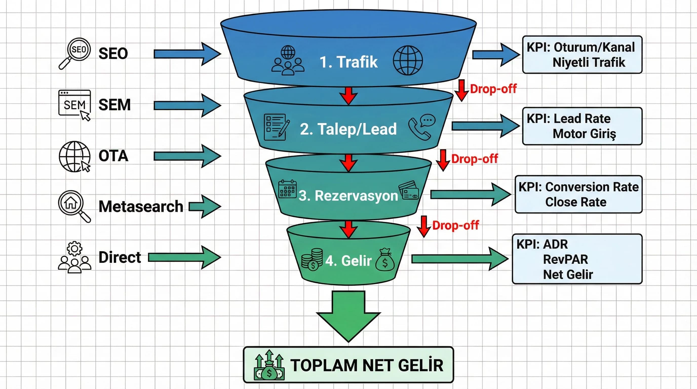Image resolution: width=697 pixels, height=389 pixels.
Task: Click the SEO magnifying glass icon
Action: point(75,53)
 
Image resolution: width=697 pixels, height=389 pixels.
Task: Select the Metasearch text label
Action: point(141,207)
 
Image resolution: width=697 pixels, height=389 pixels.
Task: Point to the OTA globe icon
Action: point(74,156)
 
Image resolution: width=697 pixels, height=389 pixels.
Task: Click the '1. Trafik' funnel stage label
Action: point(348,62)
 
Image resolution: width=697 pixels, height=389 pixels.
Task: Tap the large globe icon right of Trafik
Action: point(408,60)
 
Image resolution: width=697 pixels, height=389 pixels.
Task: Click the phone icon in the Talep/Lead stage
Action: point(421,127)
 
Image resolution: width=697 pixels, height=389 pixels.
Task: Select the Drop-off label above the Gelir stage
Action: point(455,225)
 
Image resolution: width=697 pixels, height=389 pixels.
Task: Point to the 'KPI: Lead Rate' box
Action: point(582,126)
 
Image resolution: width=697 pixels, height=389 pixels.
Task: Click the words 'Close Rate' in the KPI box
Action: point(575,202)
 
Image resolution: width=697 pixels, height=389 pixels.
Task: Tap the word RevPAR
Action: point(565,259)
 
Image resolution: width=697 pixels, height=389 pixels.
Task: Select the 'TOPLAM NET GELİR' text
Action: point(367,365)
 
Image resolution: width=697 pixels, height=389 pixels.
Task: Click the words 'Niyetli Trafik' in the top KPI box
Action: point(589,62)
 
